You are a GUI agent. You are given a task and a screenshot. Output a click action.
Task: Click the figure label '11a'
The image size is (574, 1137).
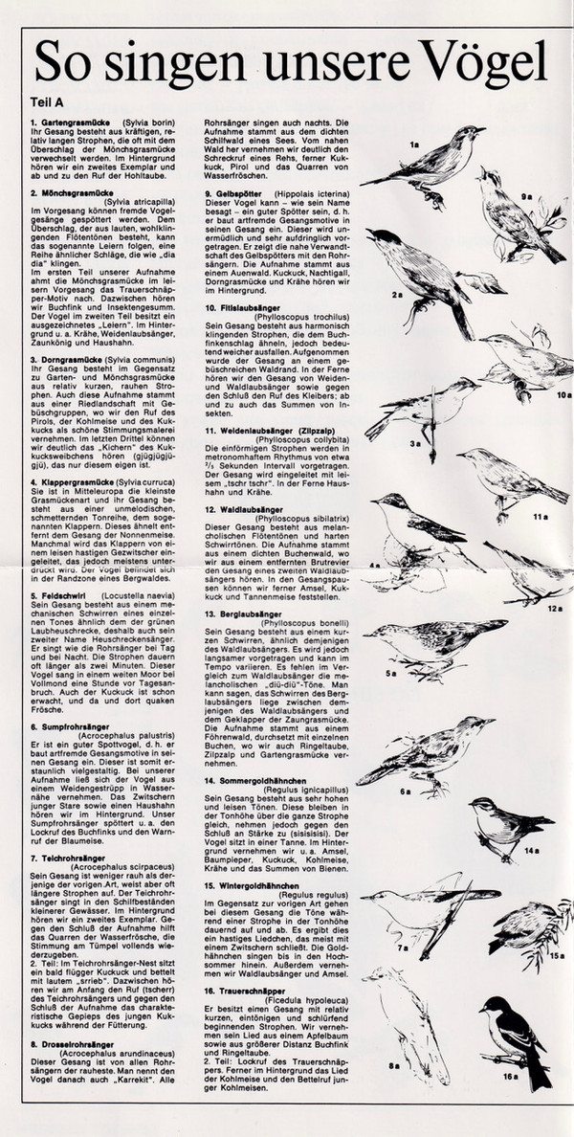(539, 517)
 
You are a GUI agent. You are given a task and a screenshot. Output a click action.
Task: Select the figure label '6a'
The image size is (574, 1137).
(405, 792)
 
